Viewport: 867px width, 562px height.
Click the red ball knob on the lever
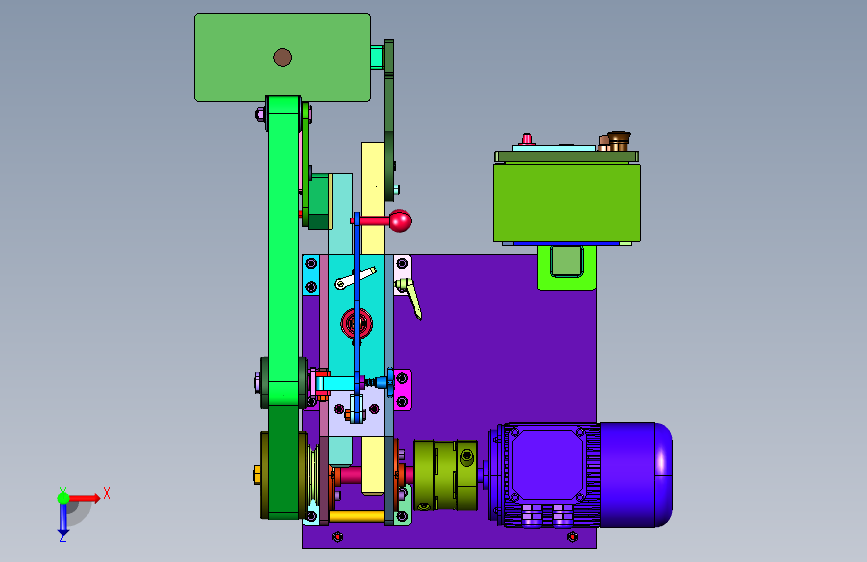click(x=400, y=221)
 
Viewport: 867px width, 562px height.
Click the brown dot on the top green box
click(x=283, y=57)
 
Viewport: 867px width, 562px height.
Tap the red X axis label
click(x=107, y=493)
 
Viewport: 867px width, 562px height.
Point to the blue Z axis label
click(x=62, y=537)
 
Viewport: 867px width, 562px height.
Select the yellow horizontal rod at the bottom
click(x=357, y=517)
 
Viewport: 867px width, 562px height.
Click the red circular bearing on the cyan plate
click(x=356, y=324)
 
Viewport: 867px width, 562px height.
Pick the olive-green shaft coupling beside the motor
click(x=446, y=475)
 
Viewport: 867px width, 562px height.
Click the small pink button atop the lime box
click(x=527, y=138)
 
